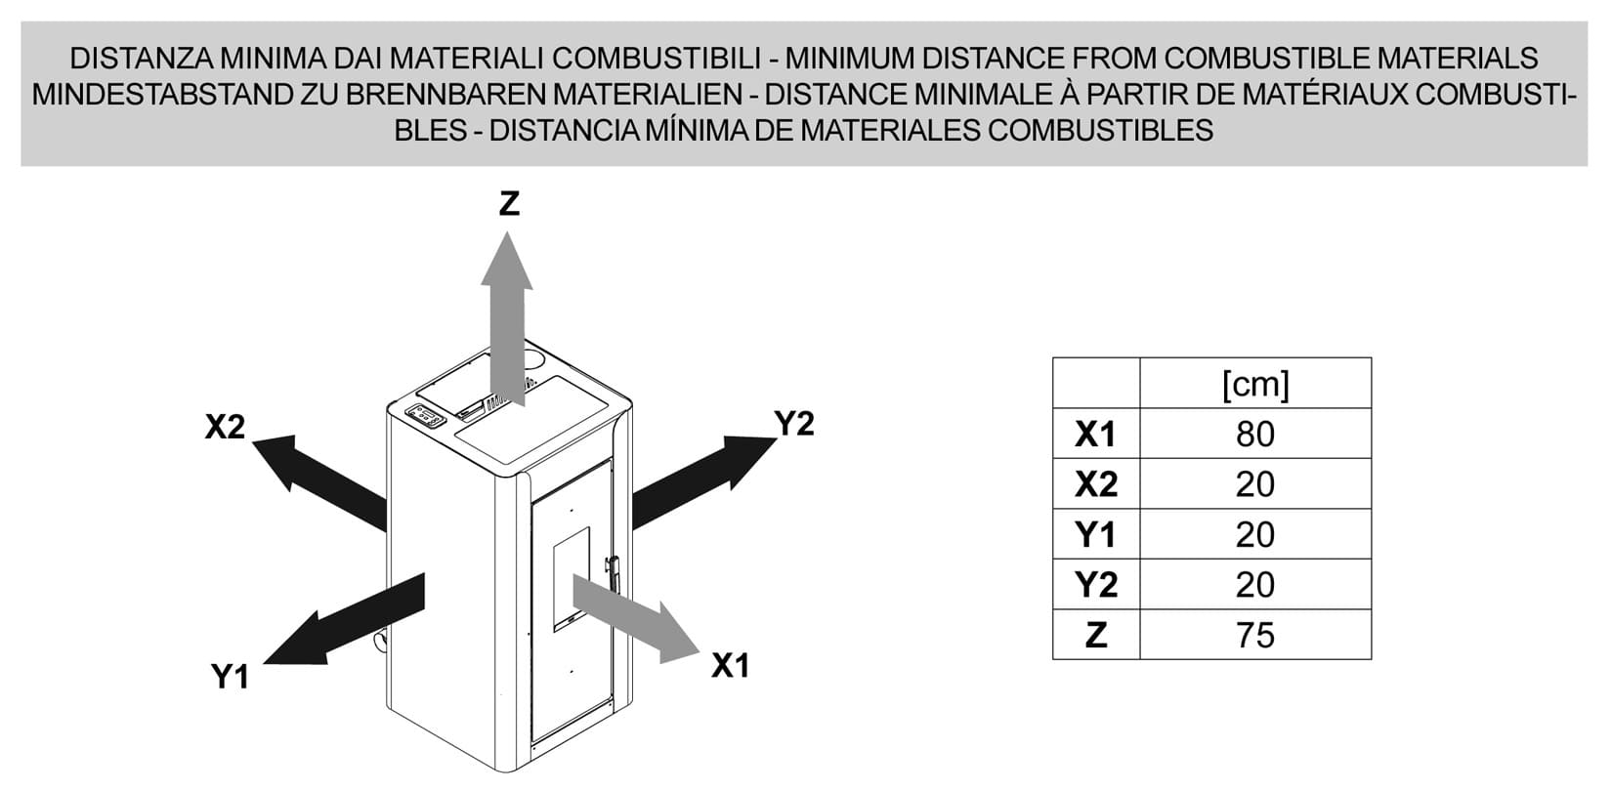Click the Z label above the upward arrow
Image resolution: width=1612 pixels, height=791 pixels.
pos(509,203)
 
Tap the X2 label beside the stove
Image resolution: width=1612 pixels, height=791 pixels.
pos(226,427)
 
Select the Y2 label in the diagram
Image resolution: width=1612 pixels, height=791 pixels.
pos(793,423)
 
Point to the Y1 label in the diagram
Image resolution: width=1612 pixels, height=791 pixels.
pos(231,677)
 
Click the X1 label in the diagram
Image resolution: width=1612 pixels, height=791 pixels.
pos(731,666)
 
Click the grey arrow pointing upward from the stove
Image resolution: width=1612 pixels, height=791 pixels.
pos(507,318)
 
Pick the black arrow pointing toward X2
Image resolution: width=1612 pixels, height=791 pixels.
pos(320,482)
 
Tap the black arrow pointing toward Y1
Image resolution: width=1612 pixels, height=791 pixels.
pos(344,619)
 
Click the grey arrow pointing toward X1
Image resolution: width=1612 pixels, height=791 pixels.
pos(636,618)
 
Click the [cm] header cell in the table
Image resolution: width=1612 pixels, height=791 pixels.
pos(1255,384)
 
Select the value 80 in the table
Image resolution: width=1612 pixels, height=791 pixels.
pos(1255,435)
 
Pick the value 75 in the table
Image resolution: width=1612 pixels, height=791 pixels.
pos(1255,635)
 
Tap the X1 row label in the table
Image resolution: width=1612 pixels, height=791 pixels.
pos(1095,435)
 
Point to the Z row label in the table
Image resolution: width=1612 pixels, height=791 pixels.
pos(1096,635)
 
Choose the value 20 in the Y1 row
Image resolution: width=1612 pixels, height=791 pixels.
pos(1255,535)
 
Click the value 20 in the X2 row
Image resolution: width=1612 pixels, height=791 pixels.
pos(1255,484)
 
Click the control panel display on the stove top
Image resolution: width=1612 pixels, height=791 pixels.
pos(425,415)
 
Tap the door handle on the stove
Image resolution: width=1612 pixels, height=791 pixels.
pos(614,574)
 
